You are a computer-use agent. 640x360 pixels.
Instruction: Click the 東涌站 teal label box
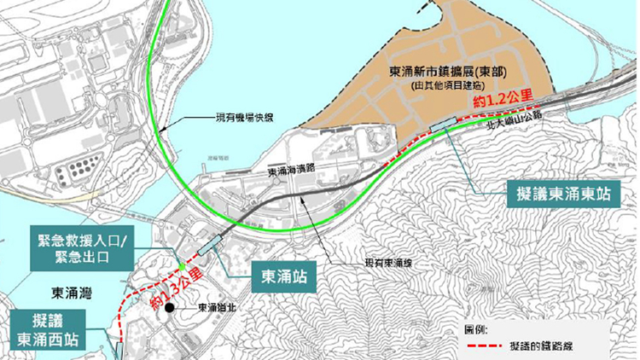coord(282,276)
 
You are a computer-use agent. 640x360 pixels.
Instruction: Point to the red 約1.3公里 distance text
coord(177,289)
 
